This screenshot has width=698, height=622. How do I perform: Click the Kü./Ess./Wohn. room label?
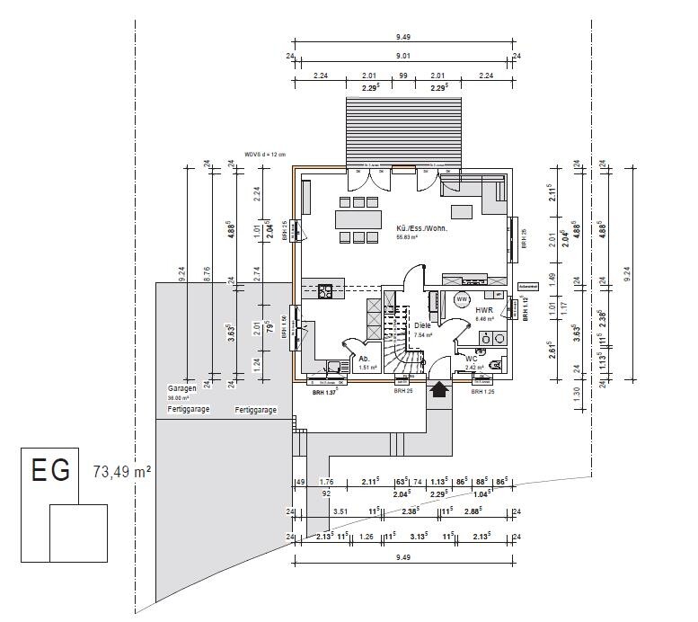click(421, 228)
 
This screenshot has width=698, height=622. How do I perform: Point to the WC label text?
click(472, 359)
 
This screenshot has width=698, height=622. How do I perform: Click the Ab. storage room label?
click(365, 358)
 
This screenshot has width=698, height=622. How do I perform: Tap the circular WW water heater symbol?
click(463, 298)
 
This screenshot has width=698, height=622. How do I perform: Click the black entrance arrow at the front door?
click(439, 389)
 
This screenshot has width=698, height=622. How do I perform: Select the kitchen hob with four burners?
click(324, 289)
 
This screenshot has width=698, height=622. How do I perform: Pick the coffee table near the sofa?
click(461, 213)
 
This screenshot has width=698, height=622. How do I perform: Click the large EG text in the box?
click(50, 471)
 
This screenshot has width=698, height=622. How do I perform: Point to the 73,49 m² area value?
click(121, 471)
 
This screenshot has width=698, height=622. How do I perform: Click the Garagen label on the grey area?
click(181, 389)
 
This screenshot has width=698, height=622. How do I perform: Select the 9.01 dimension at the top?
click(403, 56)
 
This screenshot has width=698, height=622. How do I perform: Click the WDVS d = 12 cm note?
click(264, 155)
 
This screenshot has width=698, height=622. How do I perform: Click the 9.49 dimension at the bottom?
click(402, 558)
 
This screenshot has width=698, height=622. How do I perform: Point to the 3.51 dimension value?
click(340, 511)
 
